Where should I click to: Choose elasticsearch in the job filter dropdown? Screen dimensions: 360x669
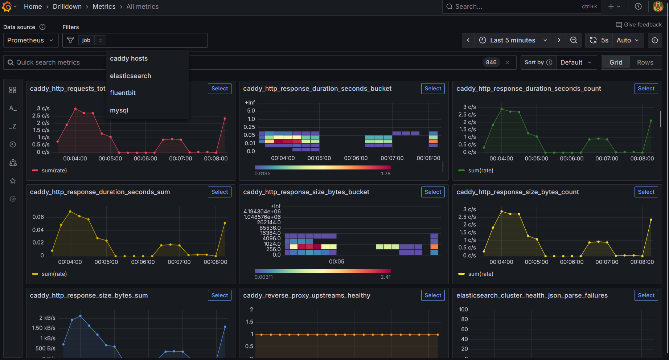point(131,76)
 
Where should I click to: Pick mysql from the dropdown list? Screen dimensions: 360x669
point(119,110)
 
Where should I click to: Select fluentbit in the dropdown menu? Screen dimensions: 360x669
point(123,93)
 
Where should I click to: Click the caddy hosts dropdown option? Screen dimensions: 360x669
point(129,58)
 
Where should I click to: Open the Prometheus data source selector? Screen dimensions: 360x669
point(30,40)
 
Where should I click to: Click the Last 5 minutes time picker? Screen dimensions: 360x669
point(513,40)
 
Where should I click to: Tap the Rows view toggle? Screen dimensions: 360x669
point(645,62)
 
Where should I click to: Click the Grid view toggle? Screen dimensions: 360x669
point(616,62)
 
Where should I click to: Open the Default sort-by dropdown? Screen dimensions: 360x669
point(576,62)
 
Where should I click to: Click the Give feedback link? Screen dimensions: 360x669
point(639,25)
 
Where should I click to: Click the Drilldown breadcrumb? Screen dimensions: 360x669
point(67,7)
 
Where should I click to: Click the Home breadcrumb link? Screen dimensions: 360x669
point(33,7)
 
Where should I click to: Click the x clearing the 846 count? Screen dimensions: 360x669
point(508,62)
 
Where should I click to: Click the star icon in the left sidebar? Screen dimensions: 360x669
point(13,181)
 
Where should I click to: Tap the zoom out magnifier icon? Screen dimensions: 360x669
point(574,40)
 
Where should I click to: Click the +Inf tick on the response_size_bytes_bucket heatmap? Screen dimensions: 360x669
point(276,206)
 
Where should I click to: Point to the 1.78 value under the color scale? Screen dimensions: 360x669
point(386,173)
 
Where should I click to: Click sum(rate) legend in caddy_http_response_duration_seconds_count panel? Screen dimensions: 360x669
point(480,171)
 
